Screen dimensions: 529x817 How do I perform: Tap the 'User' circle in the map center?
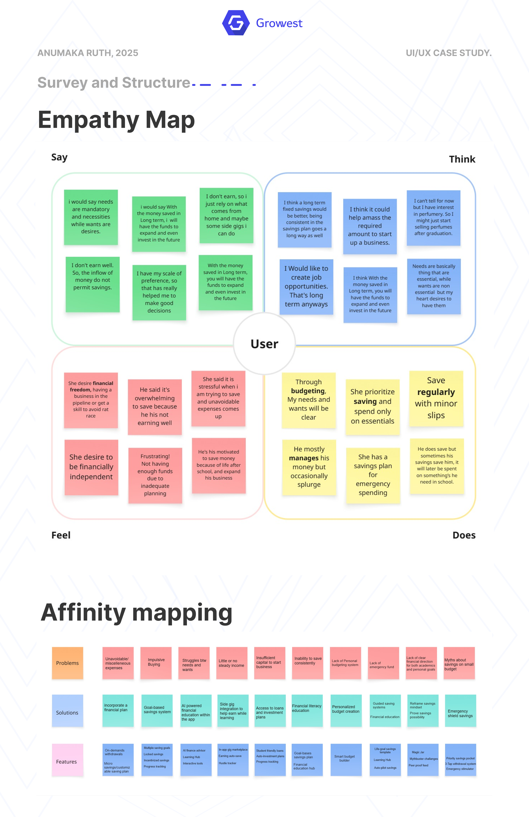pyautogui.click(x=264, y=344)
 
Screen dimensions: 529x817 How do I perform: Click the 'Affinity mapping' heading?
pyautogui.click(x=137, y=613)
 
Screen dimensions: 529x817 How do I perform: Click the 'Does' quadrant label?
pyautogui.click(x=464, y=535)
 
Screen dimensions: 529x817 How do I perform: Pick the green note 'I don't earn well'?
pyautogui.click(x=93, y=284)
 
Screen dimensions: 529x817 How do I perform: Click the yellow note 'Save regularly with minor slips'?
pyautogui.click(x=436, y=398)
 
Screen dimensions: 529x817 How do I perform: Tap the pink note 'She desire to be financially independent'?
pyautogui.click(x=91, y=467)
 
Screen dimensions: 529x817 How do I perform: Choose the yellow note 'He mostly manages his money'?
pyautogui.click(x=309, y=467)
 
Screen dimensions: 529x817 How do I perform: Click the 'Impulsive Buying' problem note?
pyautogui.click(x=156, y=663)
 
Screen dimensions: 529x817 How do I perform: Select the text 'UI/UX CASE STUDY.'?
pyautogui.click(x=448, y=53)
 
